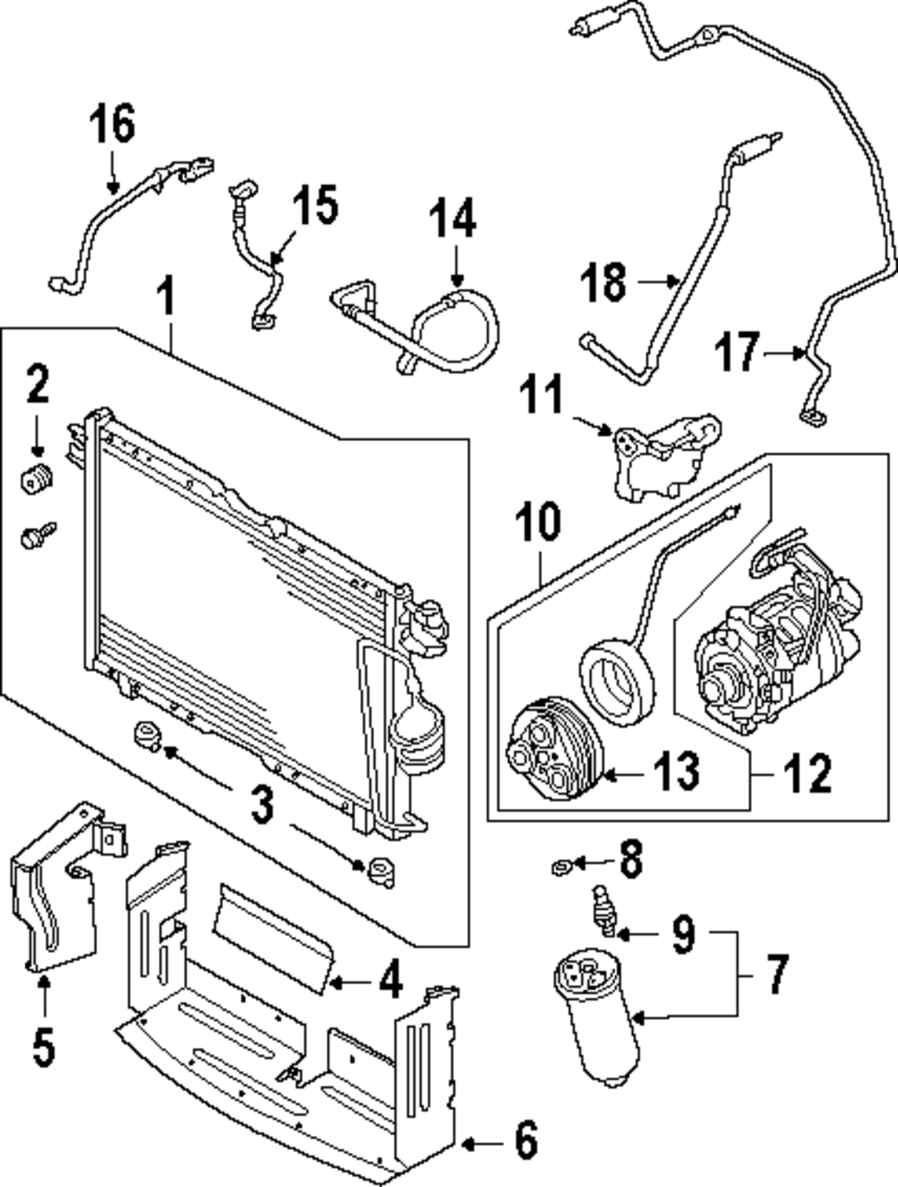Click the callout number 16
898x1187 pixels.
[x=112, y=124]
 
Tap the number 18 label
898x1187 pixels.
[x=603, y=282]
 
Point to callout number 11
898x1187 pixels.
[x=542, y=396]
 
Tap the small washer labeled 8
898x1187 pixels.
[x=559, y=866]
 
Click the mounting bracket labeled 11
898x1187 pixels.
[x=660, y=458]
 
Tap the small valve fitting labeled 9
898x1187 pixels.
[x=603, y=910]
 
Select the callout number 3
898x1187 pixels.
[x=260, y=805]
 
